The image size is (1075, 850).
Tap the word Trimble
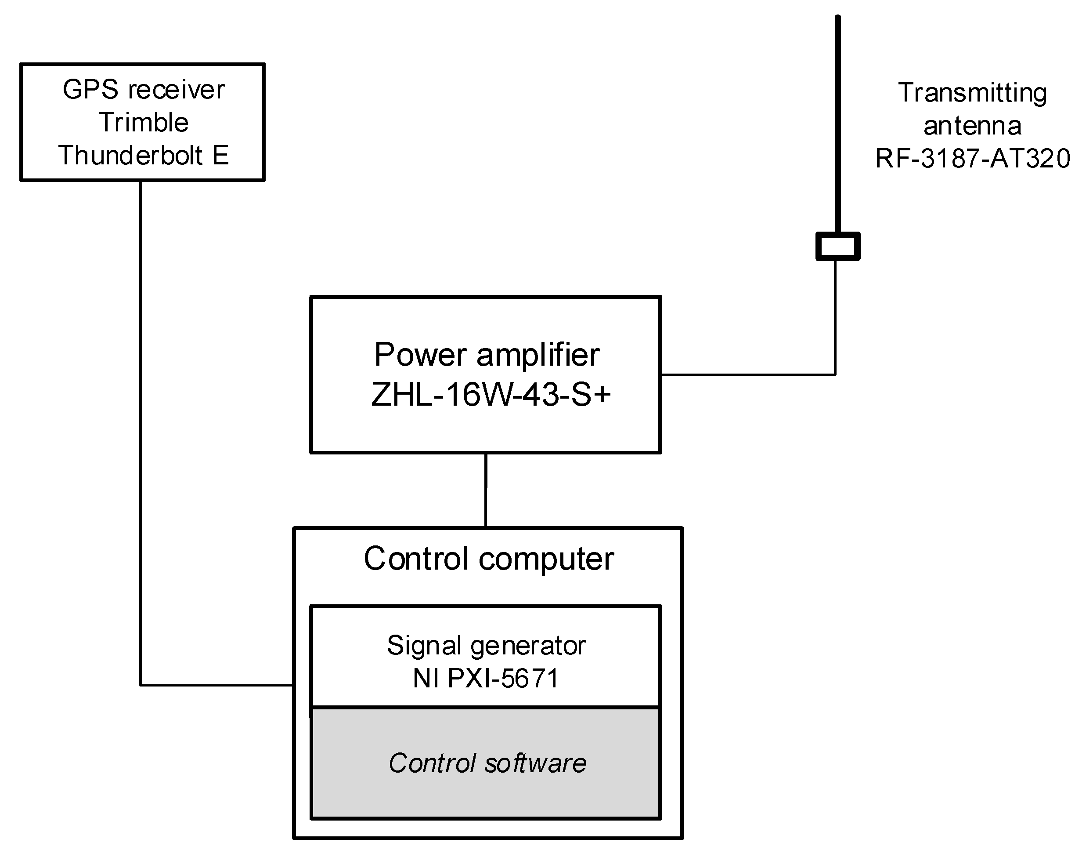click(x=143, y=123)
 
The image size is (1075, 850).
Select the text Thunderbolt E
click(x=143, y=155)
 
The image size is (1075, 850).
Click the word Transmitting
click(x=972, y=93)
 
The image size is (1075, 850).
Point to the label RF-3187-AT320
click(x=972, y=159)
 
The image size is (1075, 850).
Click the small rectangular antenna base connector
click(x=837, y=246)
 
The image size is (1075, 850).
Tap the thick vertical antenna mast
click(x=837, y=124)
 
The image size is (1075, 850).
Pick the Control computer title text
click(x=488, y=558)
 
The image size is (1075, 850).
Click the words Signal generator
click(x=486, y=646)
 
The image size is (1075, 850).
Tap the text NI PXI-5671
click(x=486, y=678)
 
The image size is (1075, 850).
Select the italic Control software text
click(x=487, y=763)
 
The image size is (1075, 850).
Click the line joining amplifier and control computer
click(x=485, y=490)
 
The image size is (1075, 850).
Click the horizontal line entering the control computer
click(x=216, y=685)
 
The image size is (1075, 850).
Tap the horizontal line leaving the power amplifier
click(x=746, y=374)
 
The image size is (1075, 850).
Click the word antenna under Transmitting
click(x=972, y=126)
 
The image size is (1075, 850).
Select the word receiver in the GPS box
click(x=176, y=90)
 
